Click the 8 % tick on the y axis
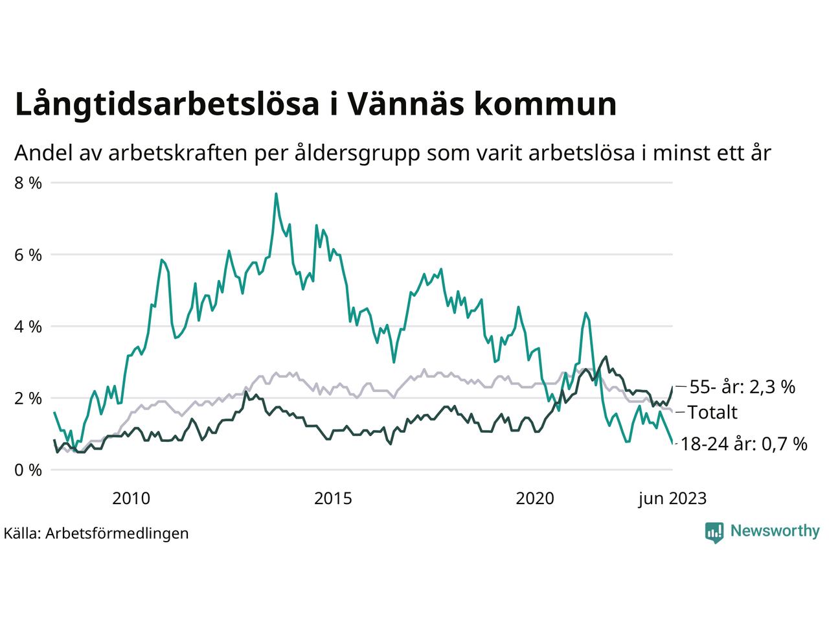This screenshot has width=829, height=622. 28,183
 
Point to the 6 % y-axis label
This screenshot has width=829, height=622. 28,255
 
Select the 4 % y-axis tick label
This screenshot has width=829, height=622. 28,327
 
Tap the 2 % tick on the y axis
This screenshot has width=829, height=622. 28,398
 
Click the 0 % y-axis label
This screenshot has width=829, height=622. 28,470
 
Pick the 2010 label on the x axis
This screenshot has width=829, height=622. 131,499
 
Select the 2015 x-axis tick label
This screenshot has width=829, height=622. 333,499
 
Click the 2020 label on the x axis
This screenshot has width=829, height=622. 535,499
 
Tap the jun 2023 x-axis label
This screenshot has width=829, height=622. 672,499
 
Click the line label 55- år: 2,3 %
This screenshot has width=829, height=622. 742,387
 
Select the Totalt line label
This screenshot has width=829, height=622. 712,412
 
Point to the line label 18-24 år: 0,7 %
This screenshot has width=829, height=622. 744,444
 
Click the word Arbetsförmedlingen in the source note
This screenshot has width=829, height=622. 117,533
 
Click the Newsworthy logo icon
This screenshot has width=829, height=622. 714,532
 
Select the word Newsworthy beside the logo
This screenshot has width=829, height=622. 775,531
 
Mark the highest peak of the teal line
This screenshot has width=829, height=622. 276,194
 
